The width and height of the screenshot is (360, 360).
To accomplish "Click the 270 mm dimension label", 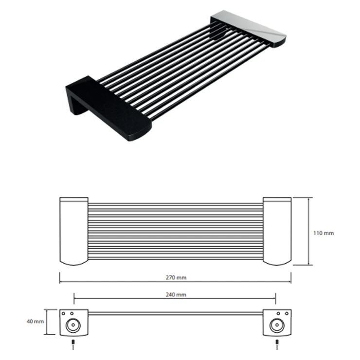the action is click(x=176, y=277).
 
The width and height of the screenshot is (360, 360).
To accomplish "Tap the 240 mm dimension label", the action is click(x=176, y=294).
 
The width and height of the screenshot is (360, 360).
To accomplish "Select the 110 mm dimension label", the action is click(x=324, y=233).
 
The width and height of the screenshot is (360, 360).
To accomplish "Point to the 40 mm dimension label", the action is click(x=35, y=322).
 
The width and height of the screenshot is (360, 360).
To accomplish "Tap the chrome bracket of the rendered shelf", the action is click(x=249, y=28).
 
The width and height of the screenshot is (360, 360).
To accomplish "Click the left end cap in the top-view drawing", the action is click(x=74, y=231).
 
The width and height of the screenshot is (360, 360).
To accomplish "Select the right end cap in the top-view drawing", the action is click(x=277, y=231).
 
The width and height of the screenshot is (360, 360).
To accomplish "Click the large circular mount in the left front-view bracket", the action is click(x=73, y=325).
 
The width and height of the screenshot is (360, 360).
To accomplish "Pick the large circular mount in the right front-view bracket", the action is click(x=277, y=325).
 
